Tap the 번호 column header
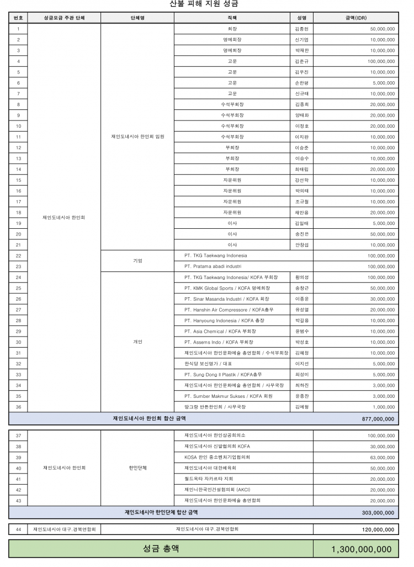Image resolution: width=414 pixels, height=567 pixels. (x=18, y=18)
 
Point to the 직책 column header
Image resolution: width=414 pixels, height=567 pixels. (x=232, y=18)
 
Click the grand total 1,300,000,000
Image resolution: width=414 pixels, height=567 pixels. (x=362, y=549)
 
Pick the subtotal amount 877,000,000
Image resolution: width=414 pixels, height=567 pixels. (x=378, y=419)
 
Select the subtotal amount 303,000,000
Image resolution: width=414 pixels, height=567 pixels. (x=378, y=512)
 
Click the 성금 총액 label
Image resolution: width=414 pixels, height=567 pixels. (x=161, y=549)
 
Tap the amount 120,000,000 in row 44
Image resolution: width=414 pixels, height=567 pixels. (x=378, y=529)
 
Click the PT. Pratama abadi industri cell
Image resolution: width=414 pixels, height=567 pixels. (x=213, y=266)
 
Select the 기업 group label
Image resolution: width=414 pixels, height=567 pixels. (x=137, y=261)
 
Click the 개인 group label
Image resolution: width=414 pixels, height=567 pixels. (x=137, y=342)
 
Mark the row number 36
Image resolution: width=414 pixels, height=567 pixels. (x=18, y=407)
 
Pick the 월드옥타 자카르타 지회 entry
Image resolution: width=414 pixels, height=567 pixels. (x=209, y=479)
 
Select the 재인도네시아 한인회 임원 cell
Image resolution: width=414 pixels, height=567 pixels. (x=137, y=136)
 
